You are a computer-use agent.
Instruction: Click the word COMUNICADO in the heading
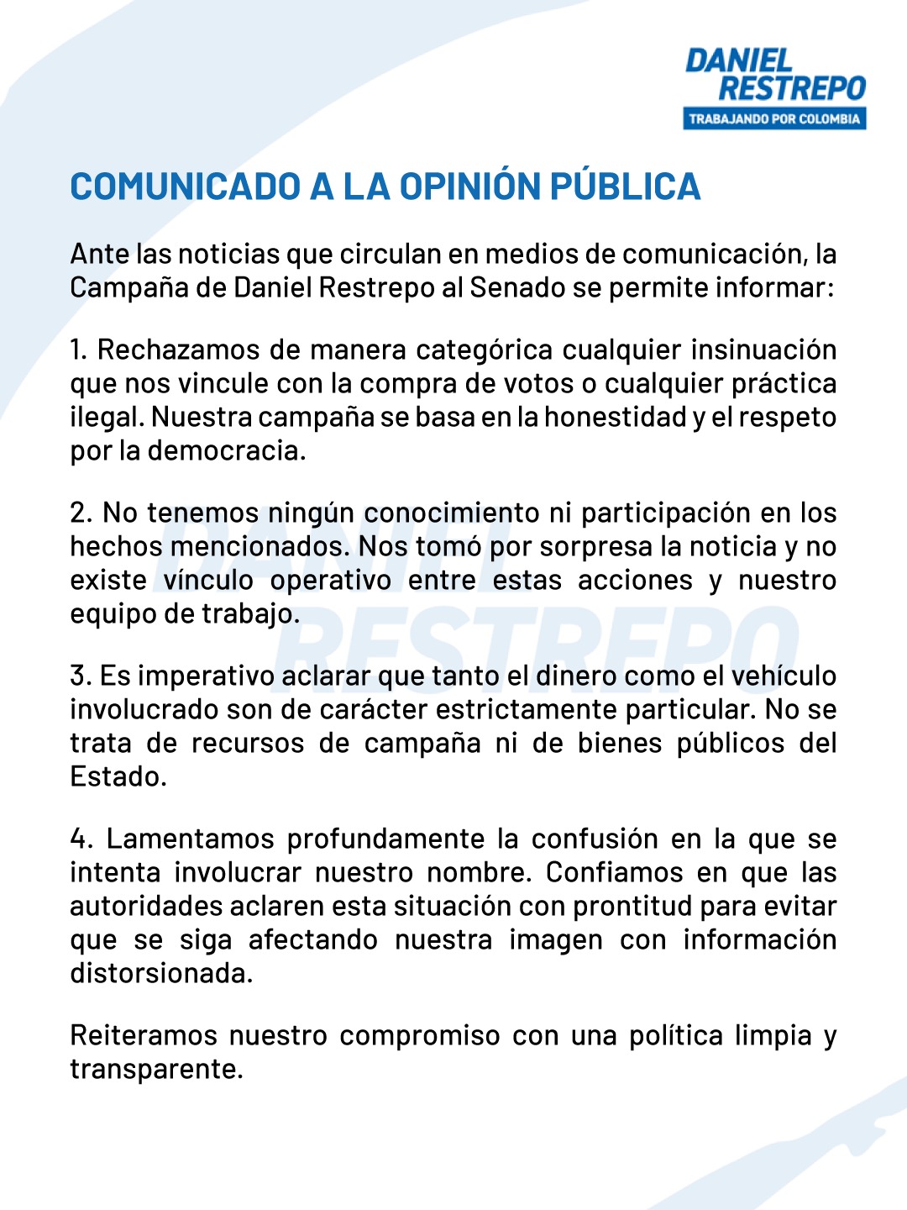pyautogui.click(x=185, y=187)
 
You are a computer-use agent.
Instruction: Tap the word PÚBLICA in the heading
pyautogui.click(x=625, y=187)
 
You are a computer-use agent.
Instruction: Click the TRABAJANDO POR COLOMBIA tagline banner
pyautogui.click(x=774, y=118)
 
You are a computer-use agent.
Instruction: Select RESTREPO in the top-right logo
pyautogui.click(x=791, y=88)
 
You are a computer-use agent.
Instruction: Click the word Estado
pyautogui.click(x=117, y=776)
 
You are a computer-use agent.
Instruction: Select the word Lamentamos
pyautogui.click(x=191, y=839)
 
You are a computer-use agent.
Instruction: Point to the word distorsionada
pyautogui.click(x=160, y=973)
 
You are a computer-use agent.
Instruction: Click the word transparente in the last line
pyautogui.click(x=155, y=1069)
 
